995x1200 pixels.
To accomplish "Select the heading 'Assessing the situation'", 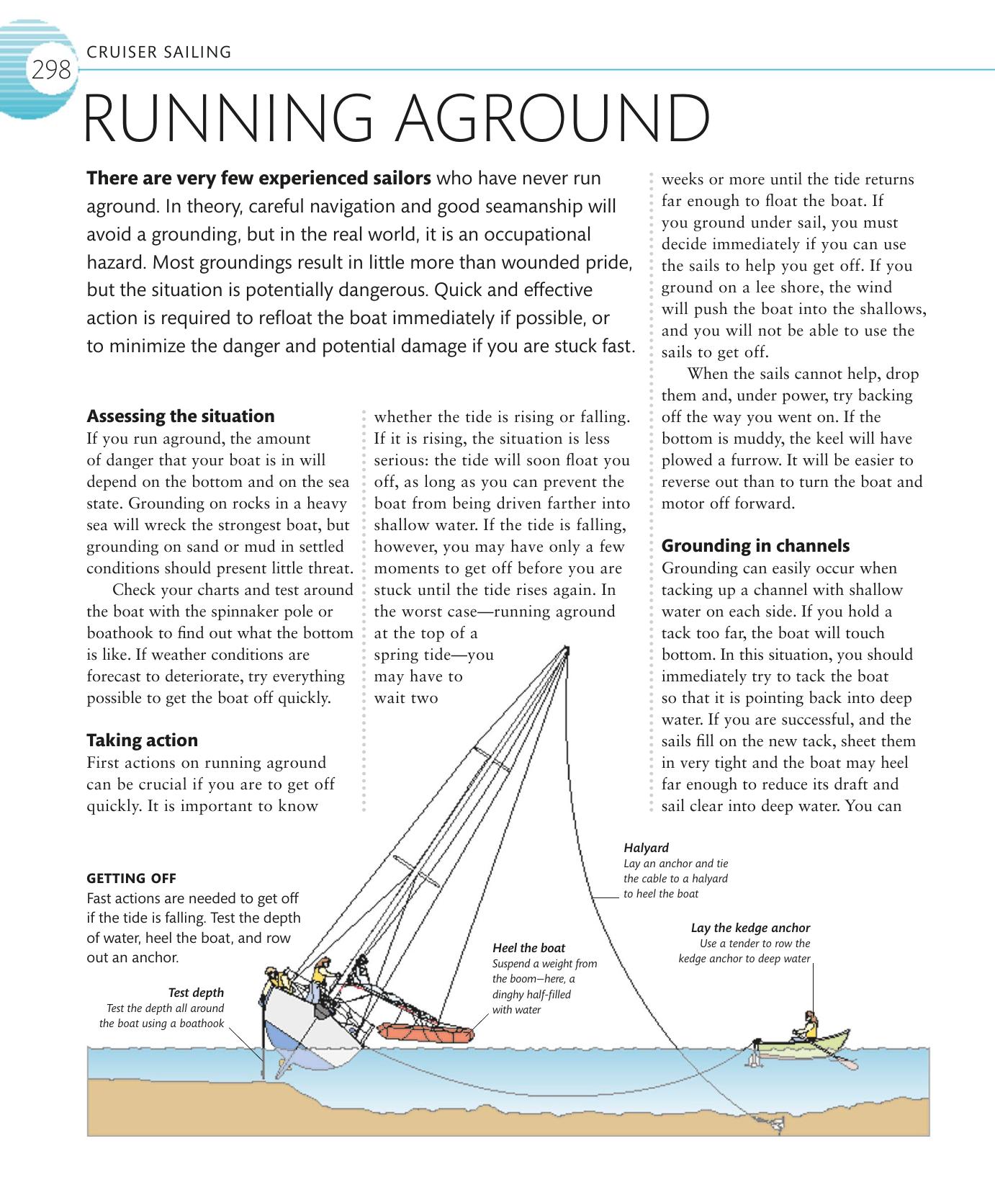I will pyautogui.click(x=180, y=416).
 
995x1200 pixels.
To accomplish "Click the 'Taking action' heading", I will pyautogui.click(x=142, y=740).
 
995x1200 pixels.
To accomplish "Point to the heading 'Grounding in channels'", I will pyautogui.click(x=755, y=546).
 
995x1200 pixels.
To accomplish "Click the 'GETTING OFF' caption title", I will pyautogui.click(x=131, y=878).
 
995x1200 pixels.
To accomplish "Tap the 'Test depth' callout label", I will pyautogui.click(x=196, y=993).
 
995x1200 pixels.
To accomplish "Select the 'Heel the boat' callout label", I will pyautogui.click(x=528, y=948).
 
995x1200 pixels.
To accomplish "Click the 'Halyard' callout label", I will pyautogui.click(x=646, y=848).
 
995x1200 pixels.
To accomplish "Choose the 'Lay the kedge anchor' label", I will pyautogui.click(x=750, y=928).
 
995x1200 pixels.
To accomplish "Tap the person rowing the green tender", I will pyautogui.click(x=809, y=1027).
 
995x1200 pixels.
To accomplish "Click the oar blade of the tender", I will pyautogui.click(x=850, y=1064).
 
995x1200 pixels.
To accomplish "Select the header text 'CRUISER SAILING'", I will pyautogui.click(x=158, y=52).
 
